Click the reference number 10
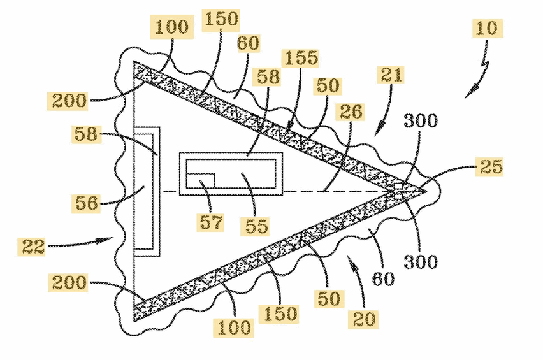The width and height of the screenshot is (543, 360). [488, 28]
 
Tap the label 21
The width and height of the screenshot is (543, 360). [391, 75]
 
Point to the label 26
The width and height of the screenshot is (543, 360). [351, 112]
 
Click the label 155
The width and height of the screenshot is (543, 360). [301, 58]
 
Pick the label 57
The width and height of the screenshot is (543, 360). [210, 222]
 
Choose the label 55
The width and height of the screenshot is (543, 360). [256, 226]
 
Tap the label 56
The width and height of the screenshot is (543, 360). [86, 203]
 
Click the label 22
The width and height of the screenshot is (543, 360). [31, 247]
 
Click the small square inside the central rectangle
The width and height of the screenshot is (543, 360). [200, 180]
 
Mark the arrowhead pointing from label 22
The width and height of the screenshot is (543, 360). [105, 240]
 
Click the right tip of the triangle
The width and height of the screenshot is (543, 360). [426, 191]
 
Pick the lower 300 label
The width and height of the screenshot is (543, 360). [421, 262]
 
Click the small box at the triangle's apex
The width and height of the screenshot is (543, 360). [398, 187]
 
